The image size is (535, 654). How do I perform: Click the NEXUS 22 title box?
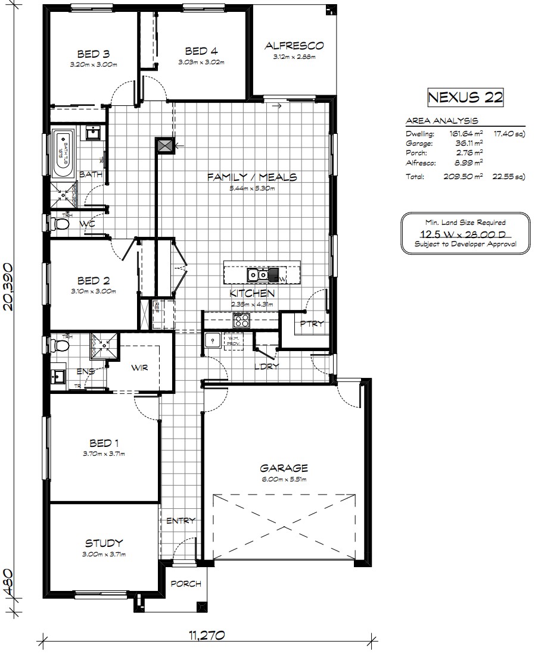point(465,98)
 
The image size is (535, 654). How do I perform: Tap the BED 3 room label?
point(92,53)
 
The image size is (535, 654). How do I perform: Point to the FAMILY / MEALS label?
point(251,177)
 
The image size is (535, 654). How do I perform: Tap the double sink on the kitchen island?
point(260,275)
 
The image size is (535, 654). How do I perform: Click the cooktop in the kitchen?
point(241,320)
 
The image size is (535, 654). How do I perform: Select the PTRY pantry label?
point(311,324)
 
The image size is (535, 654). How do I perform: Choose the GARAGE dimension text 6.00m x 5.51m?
point(284,479)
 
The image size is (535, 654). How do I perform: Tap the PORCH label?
point(186,584)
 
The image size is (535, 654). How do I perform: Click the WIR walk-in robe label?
point(139,367)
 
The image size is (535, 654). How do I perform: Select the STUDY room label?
point(104,543)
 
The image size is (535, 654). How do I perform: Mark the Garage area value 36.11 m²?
point(469,143)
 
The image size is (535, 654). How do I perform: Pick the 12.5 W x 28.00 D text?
point(458,233)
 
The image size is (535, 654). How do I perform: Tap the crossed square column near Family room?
point(165,145)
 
